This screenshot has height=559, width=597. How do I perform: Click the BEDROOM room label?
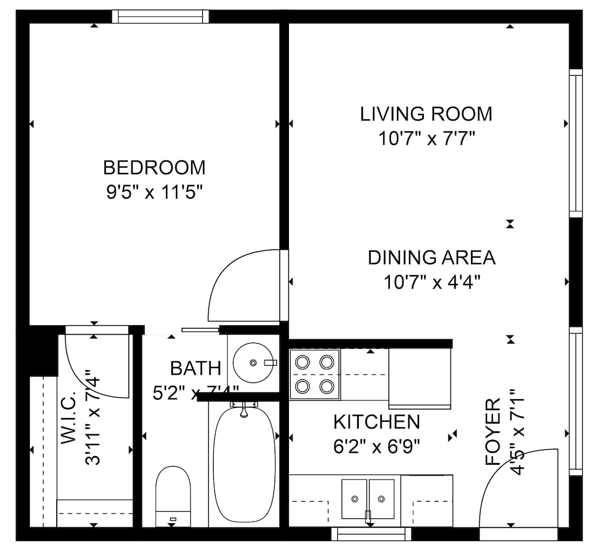[x=154, y=167]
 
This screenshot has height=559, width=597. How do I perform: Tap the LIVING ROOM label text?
[x=426, y=113]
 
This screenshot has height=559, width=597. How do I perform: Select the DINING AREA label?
[x=431, y=258]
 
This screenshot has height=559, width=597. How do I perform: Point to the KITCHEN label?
[x=376, y=422]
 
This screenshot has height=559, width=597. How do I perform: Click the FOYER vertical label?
[x=493, y=431]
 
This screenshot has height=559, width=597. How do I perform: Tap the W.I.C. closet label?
[x=68, y=418]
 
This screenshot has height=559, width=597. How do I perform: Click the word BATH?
[x=195, y=368]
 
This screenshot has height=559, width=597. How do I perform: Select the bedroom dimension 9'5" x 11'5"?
[x=155, y=193]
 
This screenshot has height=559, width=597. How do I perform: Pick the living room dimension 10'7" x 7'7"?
[x=426, y=139]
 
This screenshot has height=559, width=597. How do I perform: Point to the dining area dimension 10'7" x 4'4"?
[x=432, y=282]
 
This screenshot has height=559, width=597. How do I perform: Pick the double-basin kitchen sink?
[x=368, y=499]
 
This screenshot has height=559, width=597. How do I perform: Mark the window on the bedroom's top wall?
[x=161, y=16]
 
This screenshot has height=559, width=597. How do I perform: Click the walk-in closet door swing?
[x=96, y=367]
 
